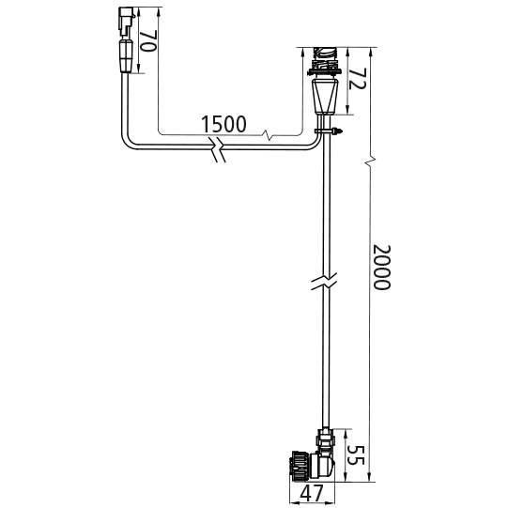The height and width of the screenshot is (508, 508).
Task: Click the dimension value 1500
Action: (x=223, y=124)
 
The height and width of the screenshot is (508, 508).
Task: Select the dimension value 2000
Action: (x=382, y=268)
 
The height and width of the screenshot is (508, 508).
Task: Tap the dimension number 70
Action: (x=148, y=40)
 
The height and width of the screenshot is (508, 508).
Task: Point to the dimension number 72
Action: (x=357, y=79)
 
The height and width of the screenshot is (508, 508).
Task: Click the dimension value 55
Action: (x=356, y=455)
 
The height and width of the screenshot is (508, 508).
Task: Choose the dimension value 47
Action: (x=312, y=493)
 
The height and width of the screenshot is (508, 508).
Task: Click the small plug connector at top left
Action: (x=126, y=22)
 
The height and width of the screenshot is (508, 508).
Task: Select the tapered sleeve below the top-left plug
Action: (x=127, y=55)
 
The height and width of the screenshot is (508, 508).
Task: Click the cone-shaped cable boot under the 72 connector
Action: (x=324, y=97)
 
